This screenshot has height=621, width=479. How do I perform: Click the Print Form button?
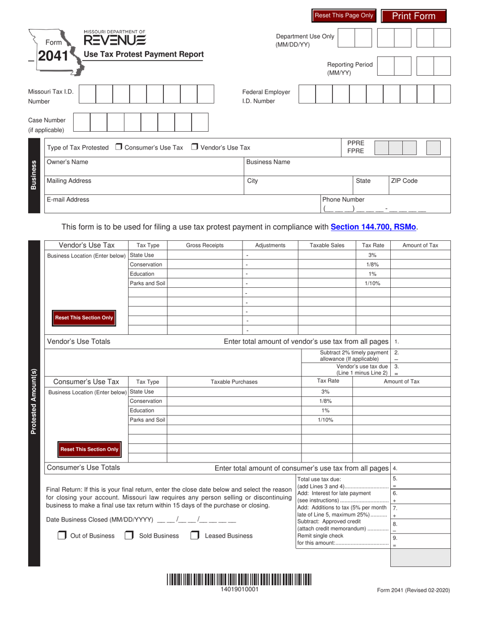click(413, 16)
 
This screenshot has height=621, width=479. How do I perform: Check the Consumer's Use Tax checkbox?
click(119, 147)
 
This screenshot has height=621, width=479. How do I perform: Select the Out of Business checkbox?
click(62, 536)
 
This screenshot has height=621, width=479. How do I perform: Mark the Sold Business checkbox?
click(129, 536)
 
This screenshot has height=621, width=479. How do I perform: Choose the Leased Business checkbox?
click(195, 536)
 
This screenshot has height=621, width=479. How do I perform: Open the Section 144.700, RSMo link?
click(374, 227)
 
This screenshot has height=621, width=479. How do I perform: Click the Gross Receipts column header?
click(205, 245)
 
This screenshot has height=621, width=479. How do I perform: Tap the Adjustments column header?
click(270, 245)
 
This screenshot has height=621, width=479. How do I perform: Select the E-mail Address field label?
click(68, 199)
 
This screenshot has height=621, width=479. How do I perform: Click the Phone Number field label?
click(343, 199)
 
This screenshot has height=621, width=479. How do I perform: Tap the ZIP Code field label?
click(404, 181)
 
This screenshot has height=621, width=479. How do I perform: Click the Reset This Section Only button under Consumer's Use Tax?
click(89, 449)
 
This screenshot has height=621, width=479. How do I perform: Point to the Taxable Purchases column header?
click(233, 382)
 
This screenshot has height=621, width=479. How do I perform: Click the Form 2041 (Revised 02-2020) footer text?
click(413, 590)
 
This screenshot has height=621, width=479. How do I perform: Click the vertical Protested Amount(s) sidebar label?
click(34, 401)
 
